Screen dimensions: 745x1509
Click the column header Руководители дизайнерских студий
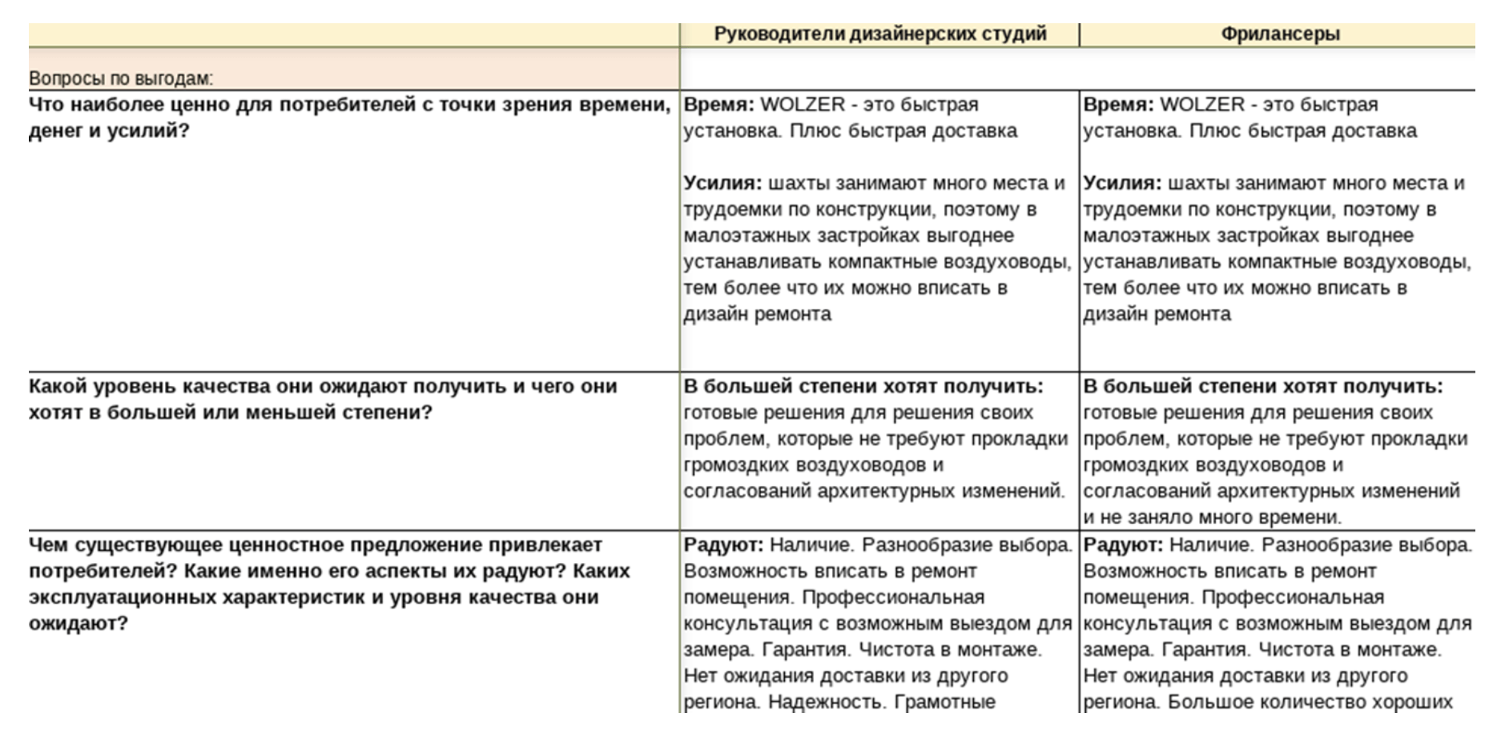pos(879,34)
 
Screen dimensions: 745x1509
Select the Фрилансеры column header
pos(1280,34)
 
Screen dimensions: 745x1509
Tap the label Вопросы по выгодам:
pos(121,79)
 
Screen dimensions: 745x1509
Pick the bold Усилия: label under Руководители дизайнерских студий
pos(722,183)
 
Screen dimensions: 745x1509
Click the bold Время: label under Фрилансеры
pos(1118,105)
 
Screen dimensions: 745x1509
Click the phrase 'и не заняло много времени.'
pos(1212,517)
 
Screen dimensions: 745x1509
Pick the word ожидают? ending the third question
pos(78,623)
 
